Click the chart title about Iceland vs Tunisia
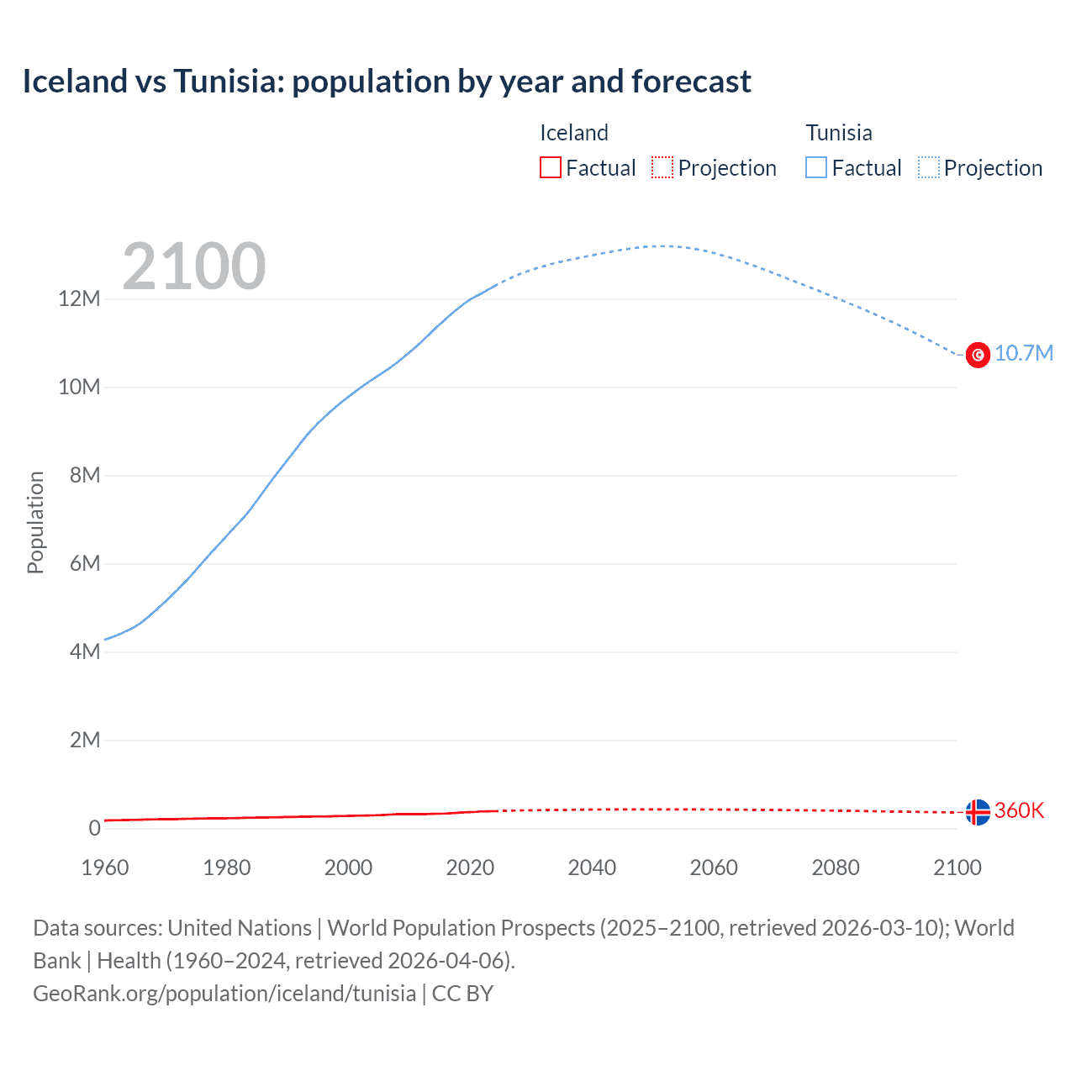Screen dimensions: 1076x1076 (x=387, y=82)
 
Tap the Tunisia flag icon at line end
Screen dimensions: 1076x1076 (x=978, y=355)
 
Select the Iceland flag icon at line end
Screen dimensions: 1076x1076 (x=978, y=812)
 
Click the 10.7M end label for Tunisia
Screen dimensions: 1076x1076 (x=1023, y=353)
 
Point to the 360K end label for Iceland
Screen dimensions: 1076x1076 (x=1019, y=810)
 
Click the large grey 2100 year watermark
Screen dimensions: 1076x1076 (x=194, y=266)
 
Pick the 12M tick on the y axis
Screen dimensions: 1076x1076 (x=79, y=299)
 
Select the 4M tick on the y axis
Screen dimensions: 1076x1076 (x=84, y=651)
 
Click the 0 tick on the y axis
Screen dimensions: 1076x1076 (x=94, y=828)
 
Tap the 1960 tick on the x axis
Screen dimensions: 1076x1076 (x=105, y=868)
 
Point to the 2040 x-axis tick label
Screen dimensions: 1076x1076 (x=592, y=868)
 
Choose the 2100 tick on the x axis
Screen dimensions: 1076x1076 (x=957, y=868)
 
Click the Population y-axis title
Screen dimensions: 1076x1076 (x=35, y=522)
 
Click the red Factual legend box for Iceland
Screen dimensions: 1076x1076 (x=550, y=167)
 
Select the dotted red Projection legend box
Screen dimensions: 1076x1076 (x=662, y=167)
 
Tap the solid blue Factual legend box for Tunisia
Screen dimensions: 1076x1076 (x=816, y=167)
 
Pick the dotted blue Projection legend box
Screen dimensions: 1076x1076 (x=929, y=167)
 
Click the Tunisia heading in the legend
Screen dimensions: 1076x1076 (x=839, y=133)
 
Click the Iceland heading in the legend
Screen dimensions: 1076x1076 (x=573, y=133)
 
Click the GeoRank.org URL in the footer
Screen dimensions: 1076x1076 (x=224, y=994)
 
